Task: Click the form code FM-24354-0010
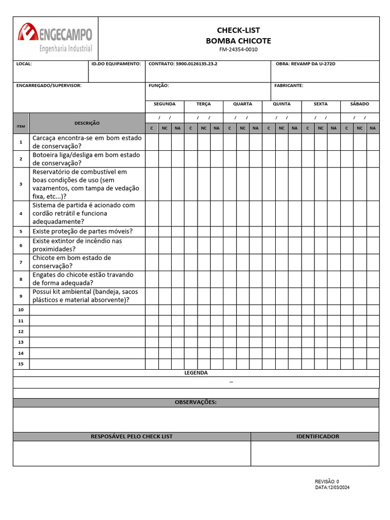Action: [x=238, y=50]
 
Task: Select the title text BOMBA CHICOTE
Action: [x=238, y=41]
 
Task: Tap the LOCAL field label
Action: [x=24, y=64]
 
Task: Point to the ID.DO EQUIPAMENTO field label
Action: [x=116, y=64]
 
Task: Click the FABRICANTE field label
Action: [x=288, y=86]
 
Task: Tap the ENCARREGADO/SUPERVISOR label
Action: [x=49, y=86]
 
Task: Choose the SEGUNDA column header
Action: [x=165, y=104]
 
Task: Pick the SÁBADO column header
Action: [x=360, y=104]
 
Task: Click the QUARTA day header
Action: [x=242, y=104]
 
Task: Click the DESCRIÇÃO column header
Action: [x=87, y=123]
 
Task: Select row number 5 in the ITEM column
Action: [x=21, y=232]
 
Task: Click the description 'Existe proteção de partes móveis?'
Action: [x=82, y=231]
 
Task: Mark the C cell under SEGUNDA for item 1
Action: [x=152, y=142]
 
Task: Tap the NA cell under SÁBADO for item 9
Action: [x=373, y=296]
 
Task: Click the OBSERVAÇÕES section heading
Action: [x=196, y=402]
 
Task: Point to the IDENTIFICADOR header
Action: [x=317, y=436]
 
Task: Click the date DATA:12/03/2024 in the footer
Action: [x=332, y=487]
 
